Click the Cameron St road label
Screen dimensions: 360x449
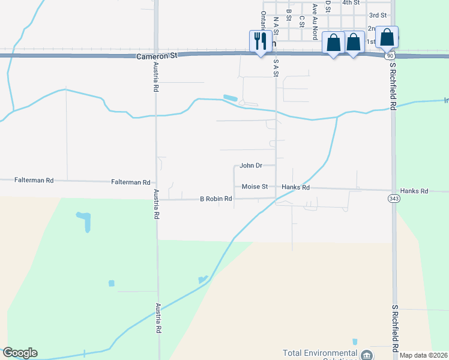[157, 55]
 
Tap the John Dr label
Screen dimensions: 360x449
[251, 165]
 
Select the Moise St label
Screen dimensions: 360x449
[255, 187]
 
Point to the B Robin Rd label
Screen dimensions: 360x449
[215, 198]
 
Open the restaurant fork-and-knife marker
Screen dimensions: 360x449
[260, 41]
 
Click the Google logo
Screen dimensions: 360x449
[20, 353]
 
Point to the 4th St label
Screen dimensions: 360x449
[351, 2]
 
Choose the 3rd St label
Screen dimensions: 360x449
[378, 15]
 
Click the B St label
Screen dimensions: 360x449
[289, 12]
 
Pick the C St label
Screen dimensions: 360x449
[301, 20]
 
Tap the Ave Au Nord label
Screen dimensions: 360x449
[315, 17]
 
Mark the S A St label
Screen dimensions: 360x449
[276, 67]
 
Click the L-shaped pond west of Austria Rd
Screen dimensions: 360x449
[85, 220]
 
